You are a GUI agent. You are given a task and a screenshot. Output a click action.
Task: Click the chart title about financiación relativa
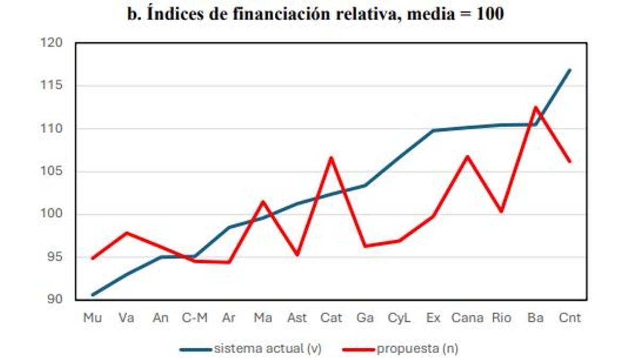click(315, 14)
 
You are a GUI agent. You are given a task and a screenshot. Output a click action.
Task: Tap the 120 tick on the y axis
click(52, 43)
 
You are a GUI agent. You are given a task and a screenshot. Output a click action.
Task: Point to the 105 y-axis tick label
click(52, 171)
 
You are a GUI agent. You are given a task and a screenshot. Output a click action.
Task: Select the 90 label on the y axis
click(55, 300)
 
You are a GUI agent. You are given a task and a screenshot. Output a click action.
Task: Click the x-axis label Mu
click(93, 318)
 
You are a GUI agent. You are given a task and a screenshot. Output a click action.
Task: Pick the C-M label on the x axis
click(194, 318)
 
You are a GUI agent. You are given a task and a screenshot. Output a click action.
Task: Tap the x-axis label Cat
click(331, 318)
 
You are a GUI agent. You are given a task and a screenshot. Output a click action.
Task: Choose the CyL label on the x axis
click(399, 318)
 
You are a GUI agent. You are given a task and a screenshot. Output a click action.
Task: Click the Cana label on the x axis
click(467, 318)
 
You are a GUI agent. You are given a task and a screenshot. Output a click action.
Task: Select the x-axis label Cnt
click(569, 318)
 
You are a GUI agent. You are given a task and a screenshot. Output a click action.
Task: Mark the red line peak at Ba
click(535, 107)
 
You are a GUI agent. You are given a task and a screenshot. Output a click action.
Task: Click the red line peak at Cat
click(331, 158)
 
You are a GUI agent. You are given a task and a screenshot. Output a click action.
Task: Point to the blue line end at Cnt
click(570, 70)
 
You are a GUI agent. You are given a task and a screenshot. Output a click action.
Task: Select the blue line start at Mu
click(93, 294)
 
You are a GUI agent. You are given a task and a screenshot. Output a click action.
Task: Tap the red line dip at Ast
click(297, 255)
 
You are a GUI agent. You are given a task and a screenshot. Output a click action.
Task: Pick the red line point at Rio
click(501, 211)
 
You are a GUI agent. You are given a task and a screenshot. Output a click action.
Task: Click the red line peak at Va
click(127, 233)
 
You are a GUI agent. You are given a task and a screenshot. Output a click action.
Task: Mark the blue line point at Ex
click(433, 130)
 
